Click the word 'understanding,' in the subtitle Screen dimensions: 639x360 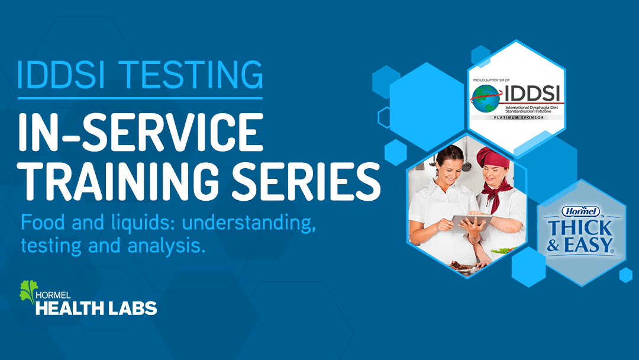point(249,223)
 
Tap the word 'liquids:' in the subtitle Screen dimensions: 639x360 point(143,223)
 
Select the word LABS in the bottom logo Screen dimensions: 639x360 point(134,308)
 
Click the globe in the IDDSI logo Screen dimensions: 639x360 point(485,99)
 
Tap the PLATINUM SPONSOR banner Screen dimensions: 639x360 point(518,117)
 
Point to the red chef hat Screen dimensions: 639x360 point(493,157)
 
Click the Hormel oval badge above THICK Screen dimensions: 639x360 point(581,211)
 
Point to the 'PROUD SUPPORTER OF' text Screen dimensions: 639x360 point(491,81)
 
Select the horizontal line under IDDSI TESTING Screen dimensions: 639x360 point(140,98)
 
